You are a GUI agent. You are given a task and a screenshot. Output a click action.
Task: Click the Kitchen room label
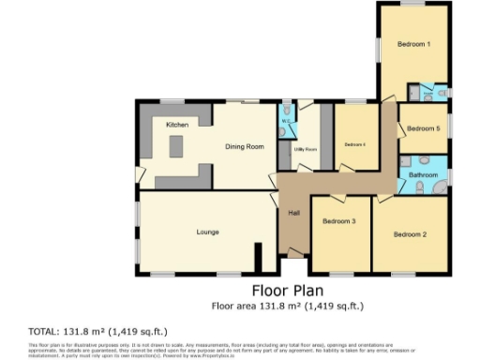pyautogui.click(x=177, y=125)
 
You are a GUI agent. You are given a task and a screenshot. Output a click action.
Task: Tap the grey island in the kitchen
pyautogui.click(x=174, y=147)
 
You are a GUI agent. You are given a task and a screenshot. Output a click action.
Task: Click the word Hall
pyautogui.click(x=293, y=213)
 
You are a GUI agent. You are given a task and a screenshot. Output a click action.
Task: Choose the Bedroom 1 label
pyautogui.click(x=412, y=44)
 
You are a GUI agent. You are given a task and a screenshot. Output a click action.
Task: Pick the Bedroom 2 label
pyautogui.click(x=410, y=233)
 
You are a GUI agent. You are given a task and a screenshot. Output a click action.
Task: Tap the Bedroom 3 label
pyautogui.click(x=338, y=221)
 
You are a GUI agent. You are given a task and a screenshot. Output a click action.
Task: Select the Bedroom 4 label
pyautogui.click(x=353, y=144)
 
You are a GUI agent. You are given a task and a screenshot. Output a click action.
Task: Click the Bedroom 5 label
pyautogui.click(x=424, y=128)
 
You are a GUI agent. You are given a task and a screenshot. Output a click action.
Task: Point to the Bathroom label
pyautogui.click(x=423, y=174)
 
